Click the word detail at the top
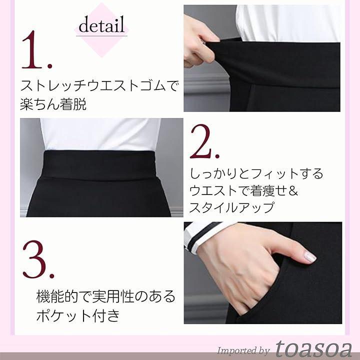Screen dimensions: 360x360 point(101,24)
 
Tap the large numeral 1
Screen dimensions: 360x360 point(36,50)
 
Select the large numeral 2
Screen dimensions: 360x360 point(204,141)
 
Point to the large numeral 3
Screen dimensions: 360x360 point(38,259)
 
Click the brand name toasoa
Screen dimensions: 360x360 point(313,348)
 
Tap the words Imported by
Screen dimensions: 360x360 point(243,351)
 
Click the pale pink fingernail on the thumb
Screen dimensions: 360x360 point(310,257)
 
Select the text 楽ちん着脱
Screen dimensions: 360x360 point(53,104)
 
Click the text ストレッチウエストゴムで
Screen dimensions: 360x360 point(99,85)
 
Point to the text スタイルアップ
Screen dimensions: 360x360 point(231,207)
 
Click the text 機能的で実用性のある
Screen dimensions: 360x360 point(106,296)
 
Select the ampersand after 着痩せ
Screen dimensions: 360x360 point(293,190)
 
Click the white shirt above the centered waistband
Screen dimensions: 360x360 point(100,134)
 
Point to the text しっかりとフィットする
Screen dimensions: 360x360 point(256,173)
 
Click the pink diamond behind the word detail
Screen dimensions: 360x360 point(101,30)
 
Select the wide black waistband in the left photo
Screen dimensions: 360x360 point(99,164)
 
